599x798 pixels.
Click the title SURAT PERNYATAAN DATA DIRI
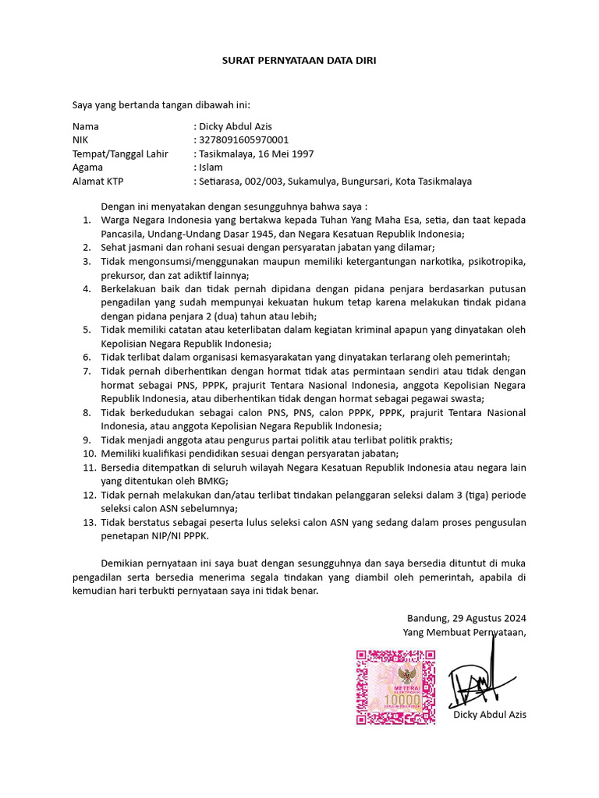[x=299, y=60]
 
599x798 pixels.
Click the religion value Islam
[x=211, y=168]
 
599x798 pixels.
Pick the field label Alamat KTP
[x=98, y=182]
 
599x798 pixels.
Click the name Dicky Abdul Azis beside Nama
[x=236, y=126]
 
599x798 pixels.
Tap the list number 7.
[x=87, y=371]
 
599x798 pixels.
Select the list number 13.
[x=89, y=522]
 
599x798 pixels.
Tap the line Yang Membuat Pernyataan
[x=464, y=632]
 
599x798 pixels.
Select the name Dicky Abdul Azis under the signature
[x=489, y=715]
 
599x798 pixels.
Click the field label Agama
[x=87, y=168]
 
